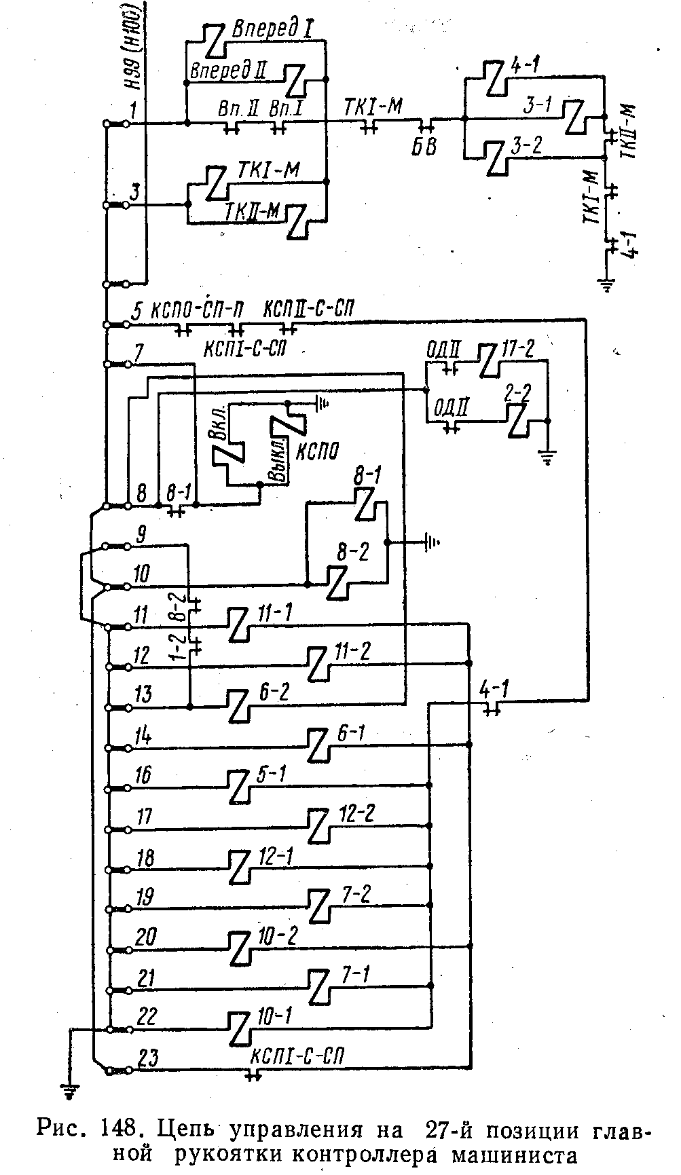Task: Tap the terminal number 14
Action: coord(143,736)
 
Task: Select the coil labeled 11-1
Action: coord(238,624)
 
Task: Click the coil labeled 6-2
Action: coord(238,706)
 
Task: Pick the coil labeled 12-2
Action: coord(318,825)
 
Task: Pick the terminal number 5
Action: coord(137,313)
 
